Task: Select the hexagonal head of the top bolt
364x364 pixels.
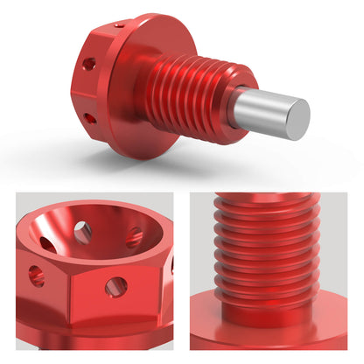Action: tap(96, 87)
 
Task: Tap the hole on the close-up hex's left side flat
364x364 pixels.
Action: tap(36, 276)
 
